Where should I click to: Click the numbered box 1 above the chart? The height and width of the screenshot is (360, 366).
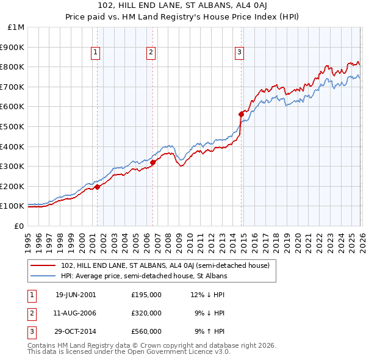pos(96,53)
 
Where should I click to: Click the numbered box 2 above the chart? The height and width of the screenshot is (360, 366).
pos(150,53)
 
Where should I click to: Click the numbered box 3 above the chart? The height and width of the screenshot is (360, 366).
pos(240,53)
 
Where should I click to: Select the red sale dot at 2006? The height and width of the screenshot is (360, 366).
pos(153,162)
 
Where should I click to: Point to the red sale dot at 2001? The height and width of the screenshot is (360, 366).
pos(98,187)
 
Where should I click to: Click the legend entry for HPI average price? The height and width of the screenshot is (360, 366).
pos(144,276)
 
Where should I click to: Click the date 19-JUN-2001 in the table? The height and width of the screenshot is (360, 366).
pos(76,295)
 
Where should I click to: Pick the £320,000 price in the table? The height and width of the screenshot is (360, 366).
pos(146,313)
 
